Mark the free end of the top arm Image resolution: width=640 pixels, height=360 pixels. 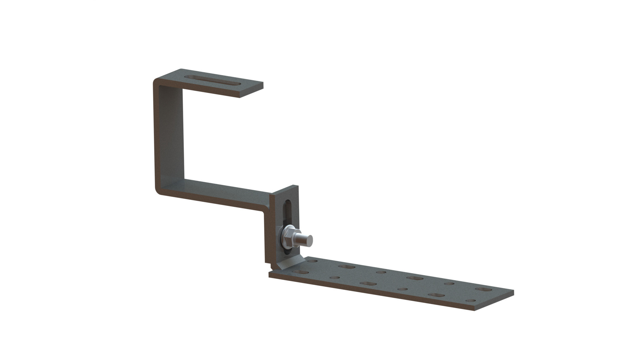[252, 90]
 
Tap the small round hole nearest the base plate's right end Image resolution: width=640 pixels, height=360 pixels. [471, 301]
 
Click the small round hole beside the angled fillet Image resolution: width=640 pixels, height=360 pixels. [312, 261]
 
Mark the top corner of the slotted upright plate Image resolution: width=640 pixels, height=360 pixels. [294, 186]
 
